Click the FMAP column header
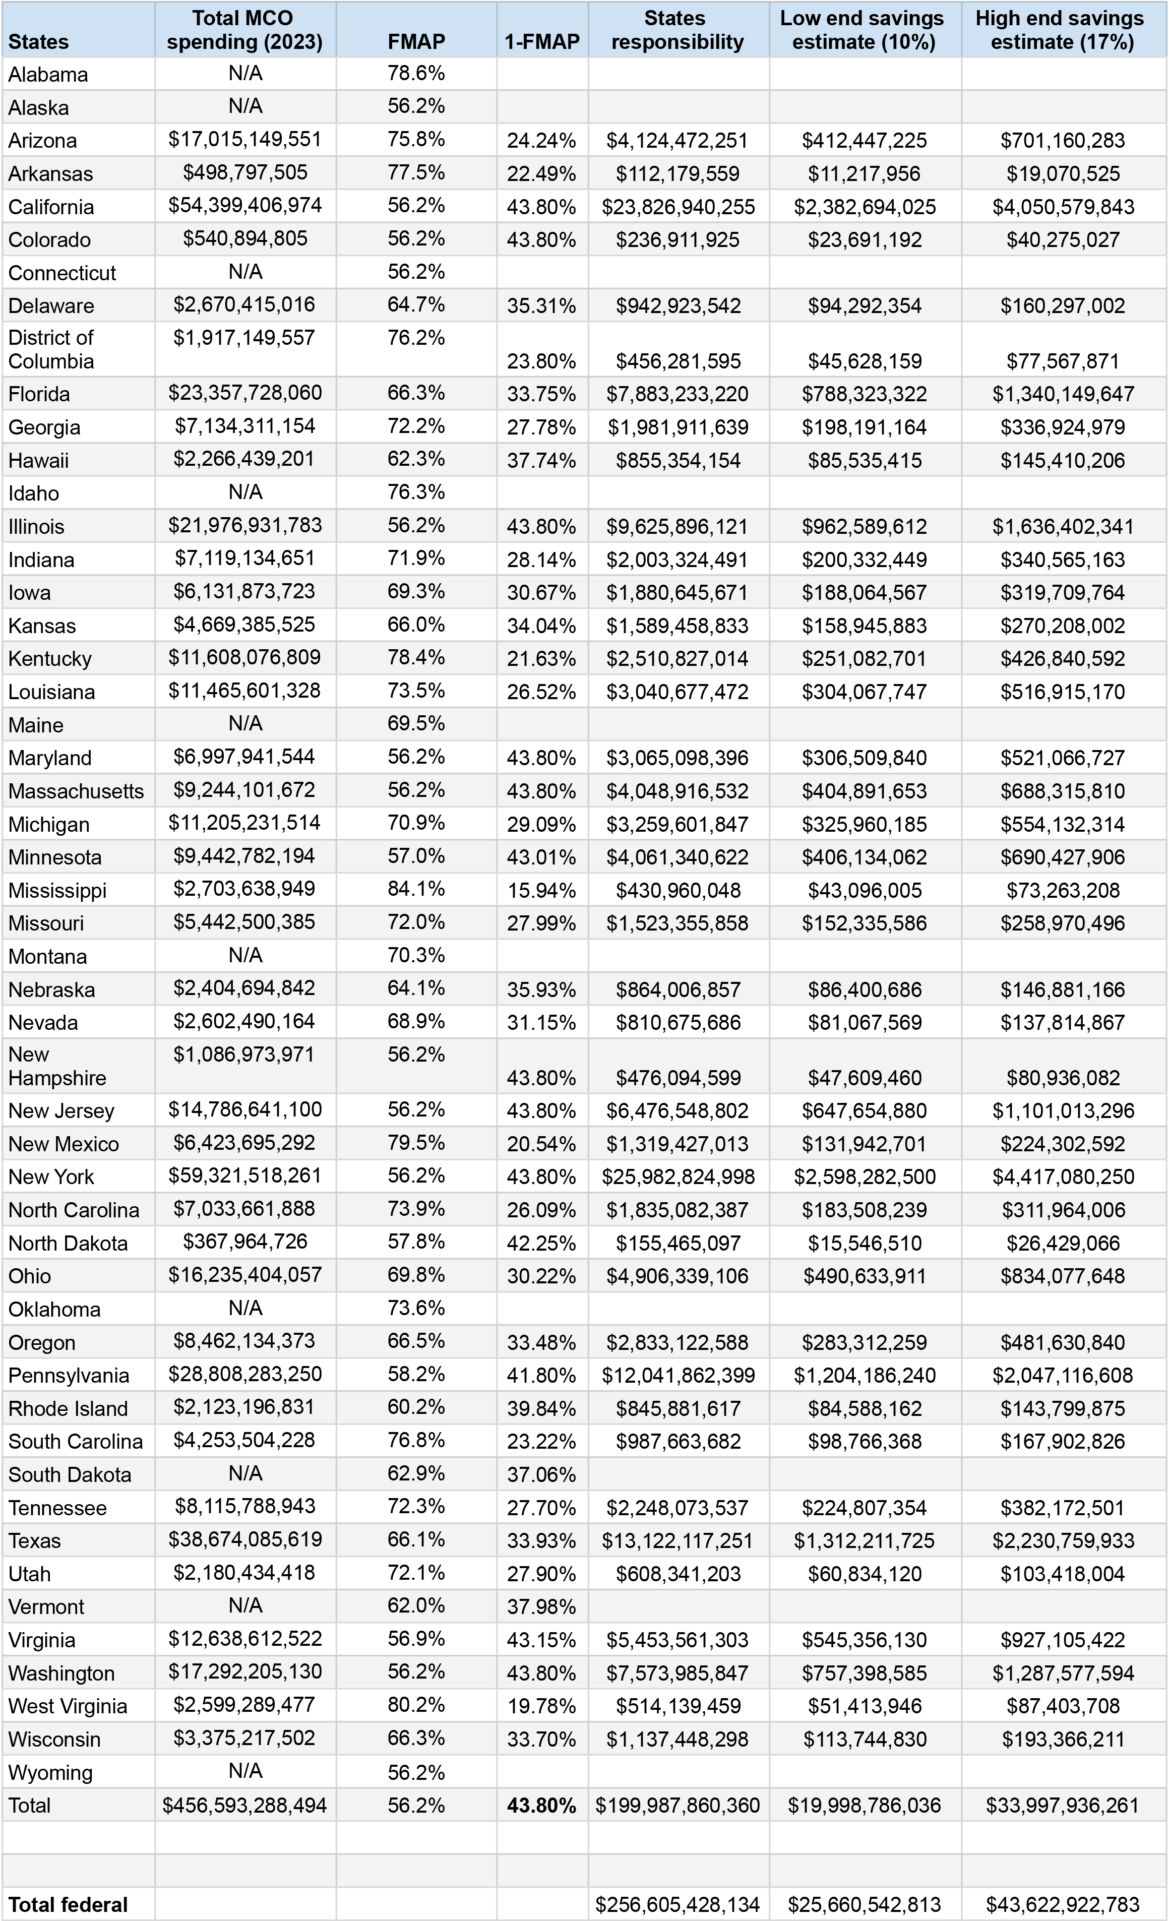(416, 41)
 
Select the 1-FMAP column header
(542, 41)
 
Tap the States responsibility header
(677, 30)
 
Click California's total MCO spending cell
(245, 206)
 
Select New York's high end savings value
(1063, 1176)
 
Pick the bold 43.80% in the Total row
(541, 1806)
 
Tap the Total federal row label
(68, 1905)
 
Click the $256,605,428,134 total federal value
(677, 1905)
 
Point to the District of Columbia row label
(51, 349)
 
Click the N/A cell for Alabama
(245, 73)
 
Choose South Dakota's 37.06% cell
(541, 1475)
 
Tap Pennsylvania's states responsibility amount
(678, 1375)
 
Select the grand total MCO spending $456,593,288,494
(245, 1806)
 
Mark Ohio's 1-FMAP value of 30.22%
(541, 1276)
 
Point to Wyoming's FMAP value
(416, 1773)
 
